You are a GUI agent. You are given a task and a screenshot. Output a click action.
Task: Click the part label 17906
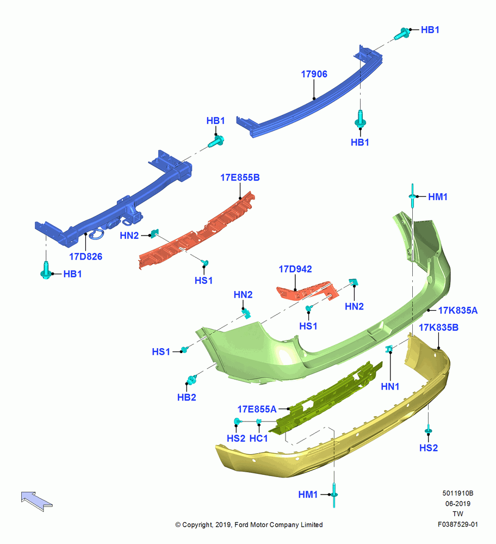click(314, 74)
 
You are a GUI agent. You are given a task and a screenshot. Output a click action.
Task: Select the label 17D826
click(86, 256)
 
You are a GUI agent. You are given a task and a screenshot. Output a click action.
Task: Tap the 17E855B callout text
click(240, 177)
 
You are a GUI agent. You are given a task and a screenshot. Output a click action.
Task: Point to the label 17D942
click(295, 269)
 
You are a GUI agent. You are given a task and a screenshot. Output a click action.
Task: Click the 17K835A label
click(458, 310)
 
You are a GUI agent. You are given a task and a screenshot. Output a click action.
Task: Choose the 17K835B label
click(439, 327)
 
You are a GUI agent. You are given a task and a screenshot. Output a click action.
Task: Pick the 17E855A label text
click(257, 409)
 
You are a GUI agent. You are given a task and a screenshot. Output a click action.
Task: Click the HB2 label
click(187, 397)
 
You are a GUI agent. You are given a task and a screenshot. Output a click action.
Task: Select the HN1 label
click(390, 386)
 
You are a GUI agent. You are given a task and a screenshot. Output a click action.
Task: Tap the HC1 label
click(259, 438)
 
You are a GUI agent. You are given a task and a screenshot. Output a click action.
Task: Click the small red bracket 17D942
click(307, 290)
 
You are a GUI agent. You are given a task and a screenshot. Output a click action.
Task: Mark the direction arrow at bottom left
click(36, 501)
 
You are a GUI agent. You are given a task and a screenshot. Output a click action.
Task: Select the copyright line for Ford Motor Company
click(249, 524)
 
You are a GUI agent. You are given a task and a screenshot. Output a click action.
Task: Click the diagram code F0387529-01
click(458, 524)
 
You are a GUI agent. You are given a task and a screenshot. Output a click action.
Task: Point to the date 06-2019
click(458, 503)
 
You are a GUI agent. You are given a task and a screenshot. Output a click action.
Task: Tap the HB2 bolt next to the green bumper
click(191, 379)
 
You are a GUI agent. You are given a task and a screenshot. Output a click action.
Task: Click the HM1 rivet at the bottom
click(334, 494)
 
